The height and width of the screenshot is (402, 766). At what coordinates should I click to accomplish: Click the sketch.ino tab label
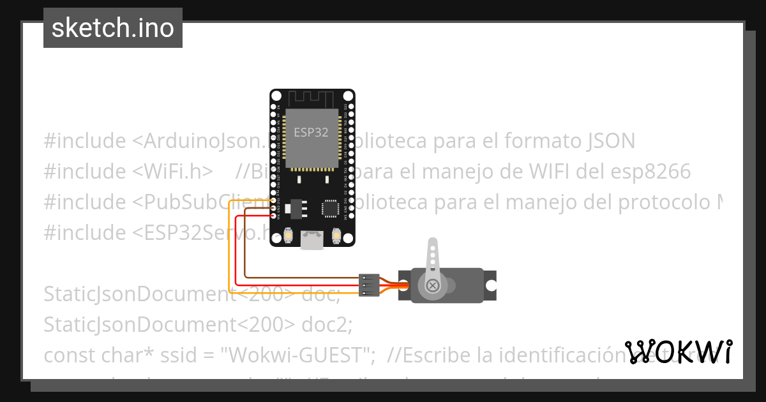pyautogui.click(x=112, y=28)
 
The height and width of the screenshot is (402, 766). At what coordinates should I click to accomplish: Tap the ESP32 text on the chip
pyautogui.click(x=311, y=133)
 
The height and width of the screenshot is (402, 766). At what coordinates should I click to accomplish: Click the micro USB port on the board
pyautogui.click(x=312, y=240)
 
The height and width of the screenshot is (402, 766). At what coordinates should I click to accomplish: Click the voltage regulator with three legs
pyautogui.click(x=296, y=207)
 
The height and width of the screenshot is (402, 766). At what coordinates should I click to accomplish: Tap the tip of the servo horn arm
pyautogui.click(x=432, y=244)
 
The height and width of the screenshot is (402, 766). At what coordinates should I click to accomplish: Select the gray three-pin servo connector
pyautogui.click(x=369, y=285)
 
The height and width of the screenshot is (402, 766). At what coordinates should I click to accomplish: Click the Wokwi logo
pyautogui.click(x=678, y=352)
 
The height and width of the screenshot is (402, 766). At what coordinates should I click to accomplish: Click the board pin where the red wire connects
pyautogui.click(x=274, y=216)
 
